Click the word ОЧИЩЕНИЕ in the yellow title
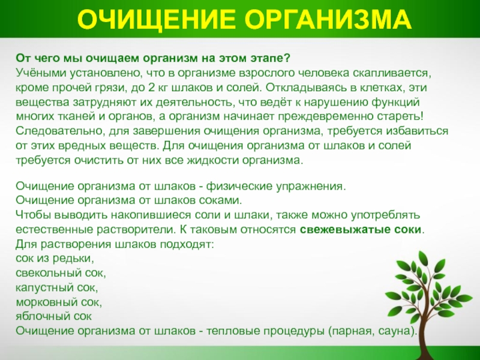(157, 19)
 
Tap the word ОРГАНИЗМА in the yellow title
(328, 19)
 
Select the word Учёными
(41, 73)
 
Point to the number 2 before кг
(151, 88)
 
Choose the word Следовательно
(57, 131)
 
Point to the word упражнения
(311, 187)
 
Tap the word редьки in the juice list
(73, 259)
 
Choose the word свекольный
(48, 273)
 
